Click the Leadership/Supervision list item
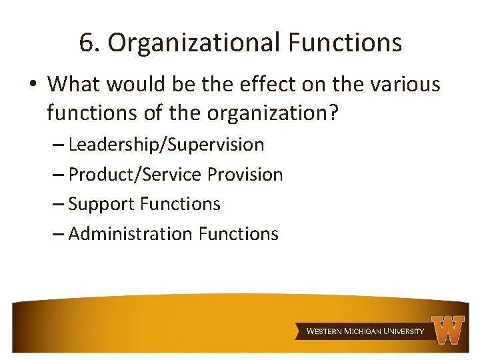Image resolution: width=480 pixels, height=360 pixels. coord(166,145)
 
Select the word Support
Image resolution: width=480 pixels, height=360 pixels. coord(103,204)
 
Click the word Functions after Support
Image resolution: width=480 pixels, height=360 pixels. coord(181,204)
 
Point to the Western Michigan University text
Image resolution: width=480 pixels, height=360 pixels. coord(365,331)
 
